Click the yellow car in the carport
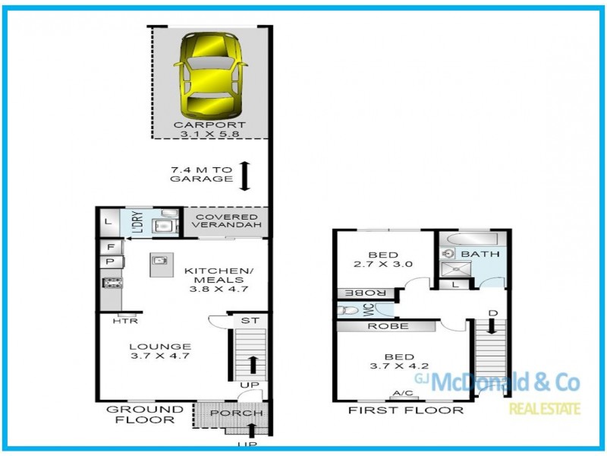click(209, 73)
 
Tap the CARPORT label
click(209, 125)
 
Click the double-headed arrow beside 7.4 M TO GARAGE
click(244, 176)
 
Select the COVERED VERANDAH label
click(228, 221)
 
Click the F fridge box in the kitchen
click(110, 247)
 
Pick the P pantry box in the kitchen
click(110, 261)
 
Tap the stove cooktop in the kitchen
click(112, 283)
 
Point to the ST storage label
click(249, 321)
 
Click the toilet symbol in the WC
click(349, 310)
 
